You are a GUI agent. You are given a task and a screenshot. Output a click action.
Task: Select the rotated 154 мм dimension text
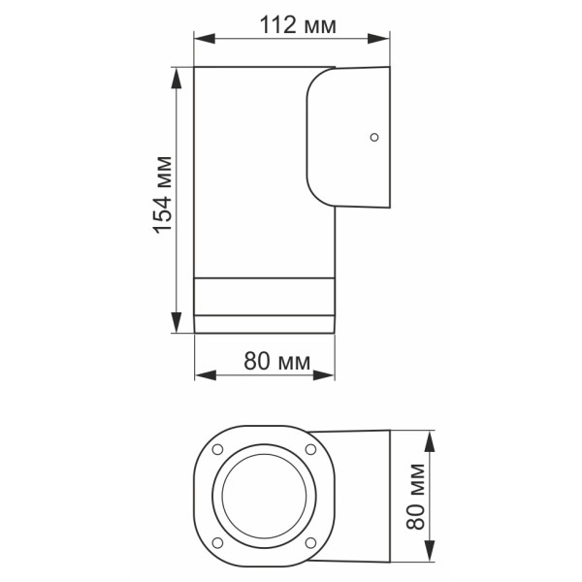[162, 199]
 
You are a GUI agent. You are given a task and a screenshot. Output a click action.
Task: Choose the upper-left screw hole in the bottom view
[216, 448]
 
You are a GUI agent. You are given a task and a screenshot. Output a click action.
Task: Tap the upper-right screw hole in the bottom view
[309, 448]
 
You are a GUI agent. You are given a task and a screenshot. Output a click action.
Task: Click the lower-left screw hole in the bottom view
[216, 540]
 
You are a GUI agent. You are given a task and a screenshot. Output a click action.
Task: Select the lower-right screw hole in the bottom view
[309, 540]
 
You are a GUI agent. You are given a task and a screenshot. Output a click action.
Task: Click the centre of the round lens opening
[263, 495]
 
